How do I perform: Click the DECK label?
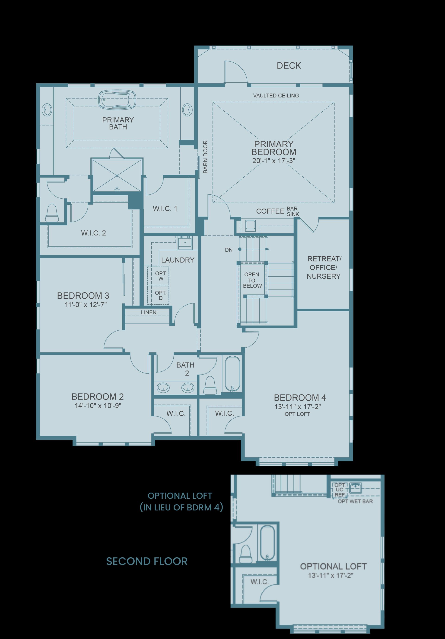click(x=289, y=66)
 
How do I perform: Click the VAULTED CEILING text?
click(x=276, y=95)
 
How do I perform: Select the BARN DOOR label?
click(x=205, y=157)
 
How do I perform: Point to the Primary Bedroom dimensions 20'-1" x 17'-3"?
click(x=274, y=161)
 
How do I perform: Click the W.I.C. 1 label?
click(x=165, y=208)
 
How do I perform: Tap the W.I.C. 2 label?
click(x=93, y=233)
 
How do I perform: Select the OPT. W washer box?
click(x=158, y=276)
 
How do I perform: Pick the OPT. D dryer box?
click(x=158, y=295)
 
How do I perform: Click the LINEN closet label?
click(x=149, y=312)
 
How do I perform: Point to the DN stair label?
click(x=229, y=250)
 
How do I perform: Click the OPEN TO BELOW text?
click(x=252, y=280)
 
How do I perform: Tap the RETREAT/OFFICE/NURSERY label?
click(x=324, y=268)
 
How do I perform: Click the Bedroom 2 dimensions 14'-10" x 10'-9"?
click(x=98, y=406)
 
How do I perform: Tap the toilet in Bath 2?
click(x=210, y=385)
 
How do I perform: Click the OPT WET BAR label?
click(x=355, y=501)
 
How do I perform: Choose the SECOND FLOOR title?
click(x=147, y=561)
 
